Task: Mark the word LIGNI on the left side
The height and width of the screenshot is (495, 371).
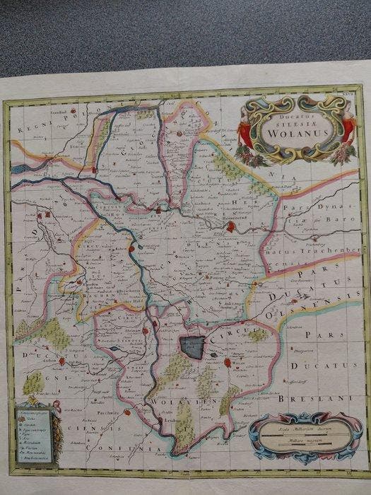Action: [33, 382]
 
